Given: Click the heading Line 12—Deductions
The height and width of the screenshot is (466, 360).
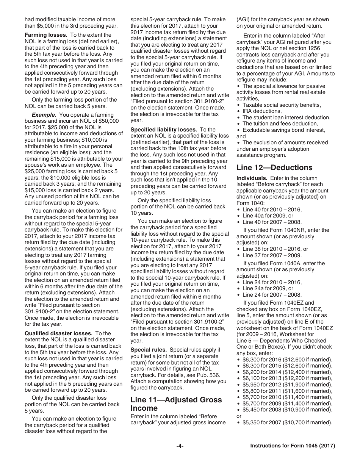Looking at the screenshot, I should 274,167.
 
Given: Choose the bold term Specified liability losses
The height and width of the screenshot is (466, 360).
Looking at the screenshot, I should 164,130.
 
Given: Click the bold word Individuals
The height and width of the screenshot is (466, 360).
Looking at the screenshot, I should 250,178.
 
